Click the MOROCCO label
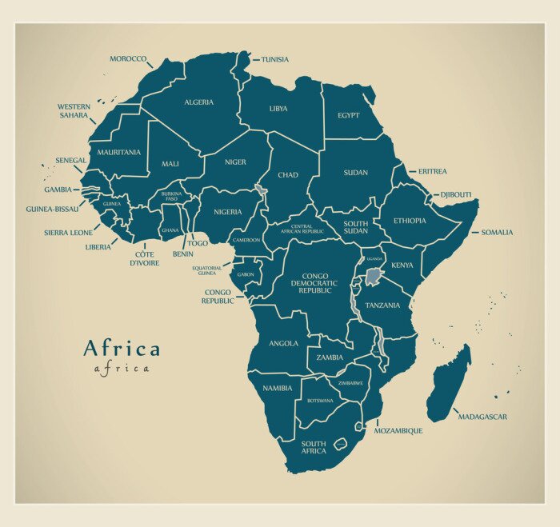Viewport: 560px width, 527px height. (x=128, y=59)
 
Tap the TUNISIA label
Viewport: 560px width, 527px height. (x=274, y=59)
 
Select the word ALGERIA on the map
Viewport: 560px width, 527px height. (x=199, y=102)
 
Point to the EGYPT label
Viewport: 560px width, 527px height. (x=348, y=115)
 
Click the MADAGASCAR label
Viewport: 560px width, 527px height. (x=482, y=417)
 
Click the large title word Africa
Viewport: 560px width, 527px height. (x=122, y=349)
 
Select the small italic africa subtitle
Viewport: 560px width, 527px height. (x=122, y=369)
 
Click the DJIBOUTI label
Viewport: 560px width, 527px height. (x=456, y=194)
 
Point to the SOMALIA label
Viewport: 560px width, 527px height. (x=496, y=233)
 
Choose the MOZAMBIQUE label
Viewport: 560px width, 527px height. (x=398, y=431)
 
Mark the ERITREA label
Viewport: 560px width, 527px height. (x=432, y=171)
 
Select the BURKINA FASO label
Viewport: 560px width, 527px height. (x=171, y=196)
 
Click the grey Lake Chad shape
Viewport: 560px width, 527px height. (x=259, y=190)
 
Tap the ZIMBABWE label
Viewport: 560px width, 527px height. (x=350, y=383)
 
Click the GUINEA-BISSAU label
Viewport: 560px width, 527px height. (x=53, y=210)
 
